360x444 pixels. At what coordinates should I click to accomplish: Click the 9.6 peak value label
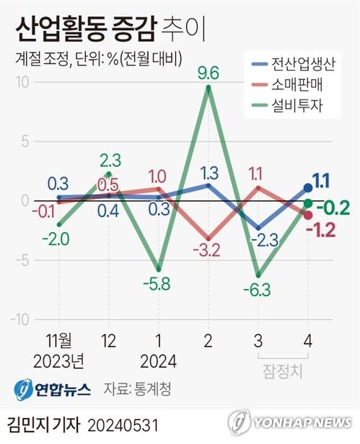[x=208, y=73]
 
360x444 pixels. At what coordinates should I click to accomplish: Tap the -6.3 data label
[x=258, y=290]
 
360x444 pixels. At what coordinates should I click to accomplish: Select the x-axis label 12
[x=108, y=339]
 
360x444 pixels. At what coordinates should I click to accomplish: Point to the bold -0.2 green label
[x=333, y=208]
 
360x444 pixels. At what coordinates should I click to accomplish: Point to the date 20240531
[x=122, y=424]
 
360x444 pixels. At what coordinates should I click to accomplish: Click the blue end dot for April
[x=308, y=188]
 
